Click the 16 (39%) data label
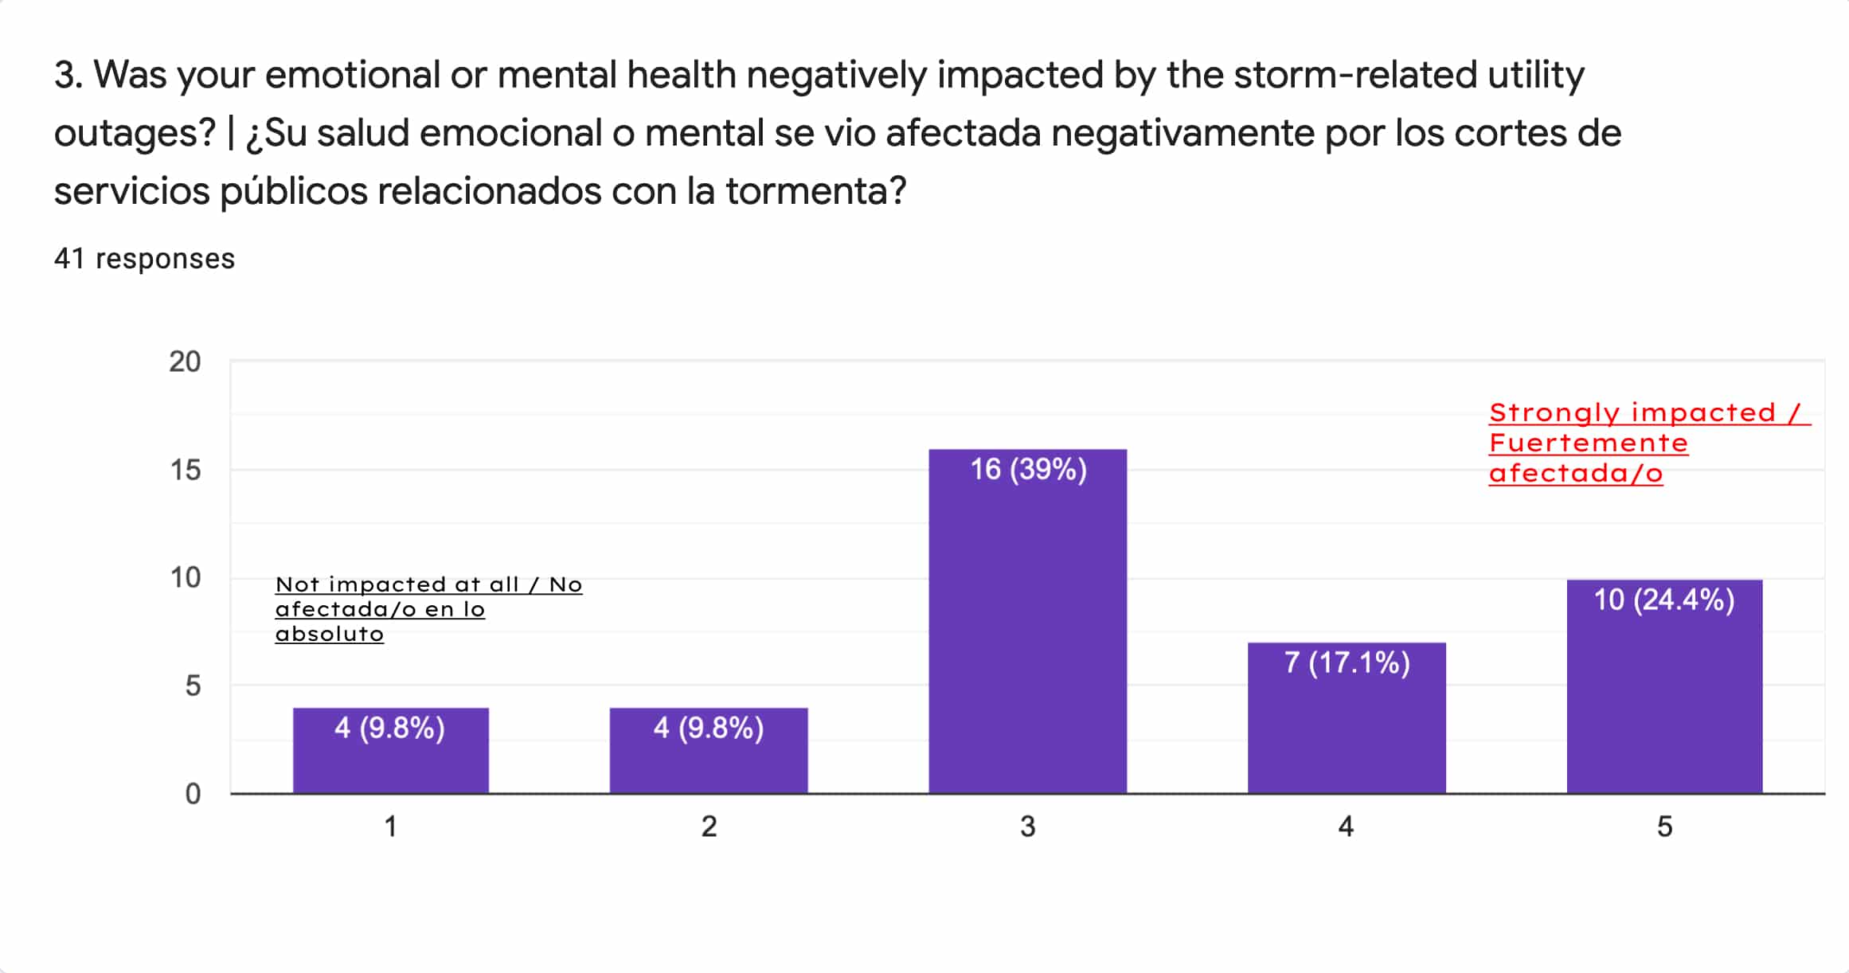[1028, 470]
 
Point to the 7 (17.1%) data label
[1347, 662]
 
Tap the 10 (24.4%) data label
[1664, 600]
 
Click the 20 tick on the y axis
[185, 362]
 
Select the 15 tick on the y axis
[185, 470]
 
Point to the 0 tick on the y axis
[193, 794]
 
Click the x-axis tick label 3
[1028, 827]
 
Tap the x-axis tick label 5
[1664, 827]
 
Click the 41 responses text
[144, 259]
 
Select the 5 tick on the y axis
[193, 686]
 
